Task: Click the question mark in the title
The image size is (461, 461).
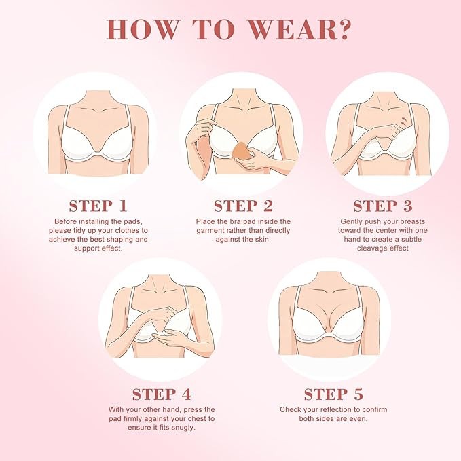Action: (x=342, y=29)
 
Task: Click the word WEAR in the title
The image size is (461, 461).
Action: (x=291, y=29)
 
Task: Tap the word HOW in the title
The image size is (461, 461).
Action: (x=143, y=29)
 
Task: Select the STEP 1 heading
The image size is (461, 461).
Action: (x=98, y=206)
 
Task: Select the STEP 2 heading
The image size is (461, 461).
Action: (x=244, y=206)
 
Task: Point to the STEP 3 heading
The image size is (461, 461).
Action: (x=383, y=206)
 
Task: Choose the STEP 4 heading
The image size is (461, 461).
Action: (x=162, y=394)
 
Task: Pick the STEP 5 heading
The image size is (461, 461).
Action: (x=333, y=394)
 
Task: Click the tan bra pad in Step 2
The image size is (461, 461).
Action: (x=241, y=151)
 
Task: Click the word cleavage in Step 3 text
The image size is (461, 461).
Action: (x=371, y=248)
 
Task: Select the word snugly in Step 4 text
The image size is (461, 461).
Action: (x=183, y=428)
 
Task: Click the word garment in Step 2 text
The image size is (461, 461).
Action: (x=209, y=231)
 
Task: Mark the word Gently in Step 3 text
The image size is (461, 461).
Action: (x=350, y=222)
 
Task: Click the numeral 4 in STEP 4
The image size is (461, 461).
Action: (x=187, y=394)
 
